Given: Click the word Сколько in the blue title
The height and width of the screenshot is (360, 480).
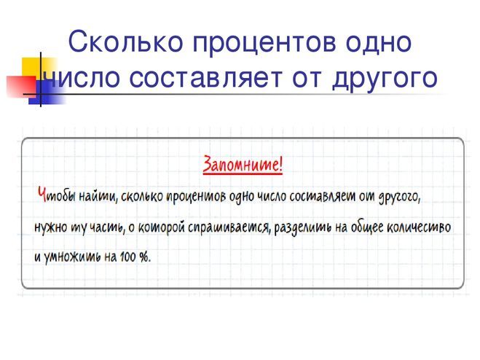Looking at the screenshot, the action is point(125,42).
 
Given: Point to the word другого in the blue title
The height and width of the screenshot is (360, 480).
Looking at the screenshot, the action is point(385,79).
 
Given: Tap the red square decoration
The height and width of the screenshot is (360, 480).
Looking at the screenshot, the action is point(21,87).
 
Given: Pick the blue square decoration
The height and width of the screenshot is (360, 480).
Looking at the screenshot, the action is point(47,93).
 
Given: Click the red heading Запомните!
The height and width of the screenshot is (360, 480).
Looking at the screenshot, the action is point(243,165).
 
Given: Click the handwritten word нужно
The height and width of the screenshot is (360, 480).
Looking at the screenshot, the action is point(51,228).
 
